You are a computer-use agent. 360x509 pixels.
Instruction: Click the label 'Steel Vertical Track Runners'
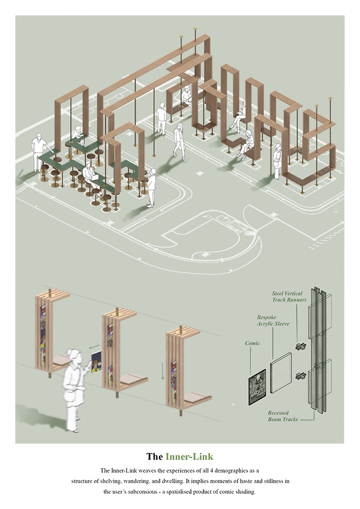289,296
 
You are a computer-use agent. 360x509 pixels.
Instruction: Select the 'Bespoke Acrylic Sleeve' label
272,320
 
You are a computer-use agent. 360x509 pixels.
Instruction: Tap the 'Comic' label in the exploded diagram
252,343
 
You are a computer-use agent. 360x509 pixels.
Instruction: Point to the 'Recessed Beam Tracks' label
282,416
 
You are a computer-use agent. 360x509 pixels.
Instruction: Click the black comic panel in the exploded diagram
257,387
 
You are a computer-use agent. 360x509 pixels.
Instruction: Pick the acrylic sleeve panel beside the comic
281,373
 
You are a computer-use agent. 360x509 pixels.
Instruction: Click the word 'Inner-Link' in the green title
189,457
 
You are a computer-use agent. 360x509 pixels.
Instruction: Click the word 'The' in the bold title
155,457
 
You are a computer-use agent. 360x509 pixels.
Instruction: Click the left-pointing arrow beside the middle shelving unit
95,347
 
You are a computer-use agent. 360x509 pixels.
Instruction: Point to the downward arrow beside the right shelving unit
163,371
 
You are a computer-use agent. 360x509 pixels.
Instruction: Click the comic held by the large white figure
96,362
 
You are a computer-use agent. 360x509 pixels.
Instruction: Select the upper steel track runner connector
301,346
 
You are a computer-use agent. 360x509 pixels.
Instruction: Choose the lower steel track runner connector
301,376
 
